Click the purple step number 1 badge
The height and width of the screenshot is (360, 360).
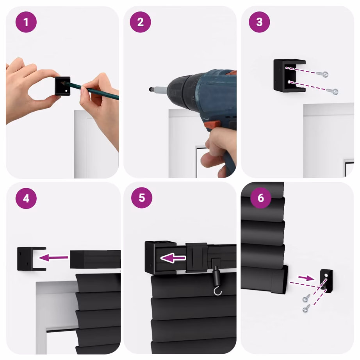tap(26, 22)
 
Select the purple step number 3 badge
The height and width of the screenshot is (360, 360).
tap(260, 22)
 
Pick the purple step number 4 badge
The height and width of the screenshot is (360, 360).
tap(26, 198)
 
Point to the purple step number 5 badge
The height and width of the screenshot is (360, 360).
tap(141, 198)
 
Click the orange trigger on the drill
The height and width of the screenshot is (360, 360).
tap(211, 124)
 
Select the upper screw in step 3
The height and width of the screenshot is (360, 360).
tap(323, 74)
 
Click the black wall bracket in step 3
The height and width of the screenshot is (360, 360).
tap(288, 75)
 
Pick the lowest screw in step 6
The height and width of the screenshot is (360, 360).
tap(305, 310)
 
